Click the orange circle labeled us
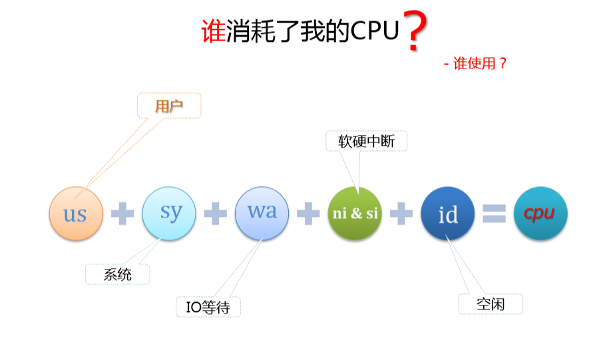point(77,214)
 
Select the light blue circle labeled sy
point(169,213)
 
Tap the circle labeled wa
point(262,213)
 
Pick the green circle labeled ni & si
point(355,214)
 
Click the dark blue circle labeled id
point(448,214)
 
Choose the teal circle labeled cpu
point(540,214)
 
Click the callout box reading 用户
point(169,105)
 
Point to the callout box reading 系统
point(118,274)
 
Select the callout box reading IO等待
point(208,307)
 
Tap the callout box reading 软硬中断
point(366,141)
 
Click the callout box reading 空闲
point(491,304)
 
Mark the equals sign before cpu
point(494,214)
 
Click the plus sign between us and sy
point(122,214)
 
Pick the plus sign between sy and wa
point(215,214)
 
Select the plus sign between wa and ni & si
point(308,214)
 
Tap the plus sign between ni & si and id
point(401,214)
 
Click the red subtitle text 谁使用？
point(481,64)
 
